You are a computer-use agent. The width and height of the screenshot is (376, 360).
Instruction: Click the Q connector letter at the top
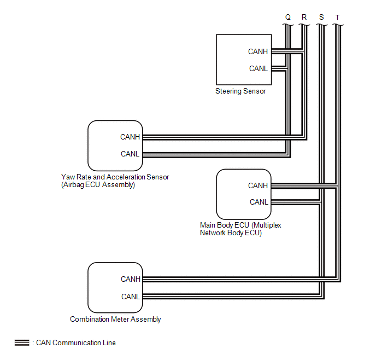tap(288, 18)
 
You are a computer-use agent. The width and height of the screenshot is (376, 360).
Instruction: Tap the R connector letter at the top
tap(304, 18)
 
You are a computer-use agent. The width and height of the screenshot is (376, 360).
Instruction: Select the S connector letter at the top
tap(321, 18)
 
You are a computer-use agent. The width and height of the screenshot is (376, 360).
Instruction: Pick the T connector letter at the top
tap(337, 18)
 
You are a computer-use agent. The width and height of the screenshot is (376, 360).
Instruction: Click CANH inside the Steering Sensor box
tap(258, 52)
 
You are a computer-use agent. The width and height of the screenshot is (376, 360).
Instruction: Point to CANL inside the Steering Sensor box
tap(258, 69)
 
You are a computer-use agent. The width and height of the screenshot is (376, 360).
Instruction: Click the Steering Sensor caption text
tap(240, 91)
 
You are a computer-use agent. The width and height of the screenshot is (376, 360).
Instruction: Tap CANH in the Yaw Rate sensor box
tap(130, 137)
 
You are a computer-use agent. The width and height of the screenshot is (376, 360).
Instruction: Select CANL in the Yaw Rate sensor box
tap(130, 154)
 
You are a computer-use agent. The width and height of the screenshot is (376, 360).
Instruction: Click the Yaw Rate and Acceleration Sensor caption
tap(115, 177)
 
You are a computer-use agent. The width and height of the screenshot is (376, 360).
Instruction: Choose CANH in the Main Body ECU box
tap(258, 185)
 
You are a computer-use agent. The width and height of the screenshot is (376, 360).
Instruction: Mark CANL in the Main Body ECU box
tap(258, 202)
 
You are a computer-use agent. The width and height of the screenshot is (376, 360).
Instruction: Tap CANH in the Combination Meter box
tap(131, 279)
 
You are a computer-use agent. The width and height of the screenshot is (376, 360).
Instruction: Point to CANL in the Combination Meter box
tap(131, 297)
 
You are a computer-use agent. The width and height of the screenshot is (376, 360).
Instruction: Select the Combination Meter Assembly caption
tap(115, 320)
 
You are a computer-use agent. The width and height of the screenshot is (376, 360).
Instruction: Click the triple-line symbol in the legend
tap(22, 343)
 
